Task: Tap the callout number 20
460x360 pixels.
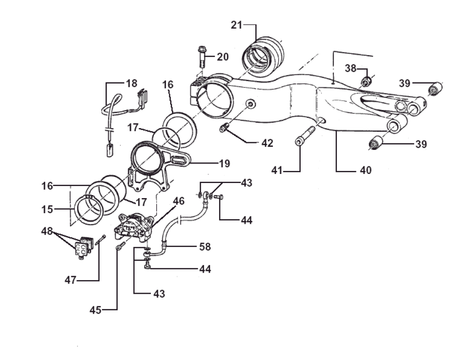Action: tap(223, 57)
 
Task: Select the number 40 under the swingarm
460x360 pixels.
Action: tap(365, 170)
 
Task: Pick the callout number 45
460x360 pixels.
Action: tap(96, 310)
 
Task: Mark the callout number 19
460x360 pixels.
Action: tap(224, 163)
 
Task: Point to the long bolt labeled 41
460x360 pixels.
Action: tap(303, 137)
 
